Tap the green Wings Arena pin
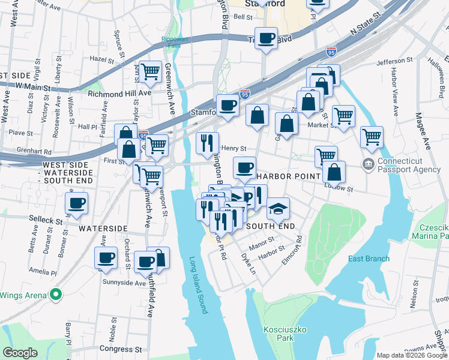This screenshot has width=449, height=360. coord(56,295)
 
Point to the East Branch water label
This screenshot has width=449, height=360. coord(369,259)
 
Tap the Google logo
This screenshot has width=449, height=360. coord(20,353)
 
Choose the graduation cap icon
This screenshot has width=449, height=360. coord(278,209)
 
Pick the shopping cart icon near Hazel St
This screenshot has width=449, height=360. coord(150,72)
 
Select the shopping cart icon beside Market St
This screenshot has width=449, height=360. coord(343,116)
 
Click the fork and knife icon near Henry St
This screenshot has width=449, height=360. coord(206,143)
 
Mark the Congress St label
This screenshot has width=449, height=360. coord(120,349)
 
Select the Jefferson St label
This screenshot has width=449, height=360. coord(395,62)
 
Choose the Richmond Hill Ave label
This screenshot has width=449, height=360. coord(119,94)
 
